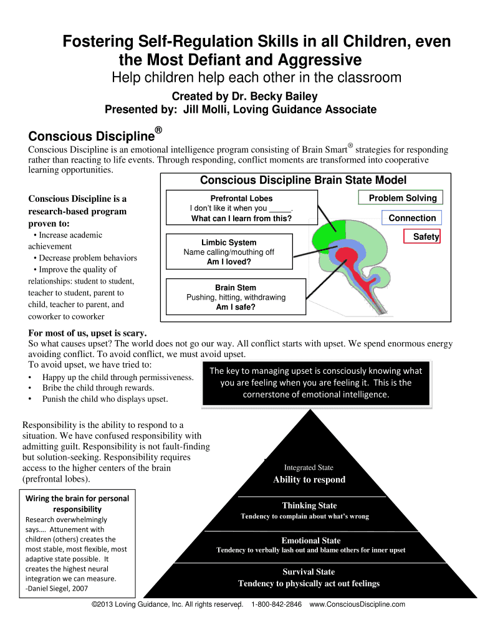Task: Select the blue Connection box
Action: pos(411,218)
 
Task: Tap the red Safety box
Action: pos(426,237)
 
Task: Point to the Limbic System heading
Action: pos(229,242)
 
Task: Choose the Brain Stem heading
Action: pos(236,288)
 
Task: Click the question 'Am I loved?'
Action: pos(229,262)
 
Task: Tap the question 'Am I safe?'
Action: pos(236,307)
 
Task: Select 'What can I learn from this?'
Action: pos(241,219)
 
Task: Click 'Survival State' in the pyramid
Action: pos(309,572)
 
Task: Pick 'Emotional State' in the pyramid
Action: pos(311,541)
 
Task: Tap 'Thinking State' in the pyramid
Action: pos(309,506)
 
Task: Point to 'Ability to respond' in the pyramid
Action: pos(309,480)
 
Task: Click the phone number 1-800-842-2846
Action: pos(276,604)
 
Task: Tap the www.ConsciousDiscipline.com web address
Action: pos(357,604)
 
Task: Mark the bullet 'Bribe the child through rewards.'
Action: pos(89,388)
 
